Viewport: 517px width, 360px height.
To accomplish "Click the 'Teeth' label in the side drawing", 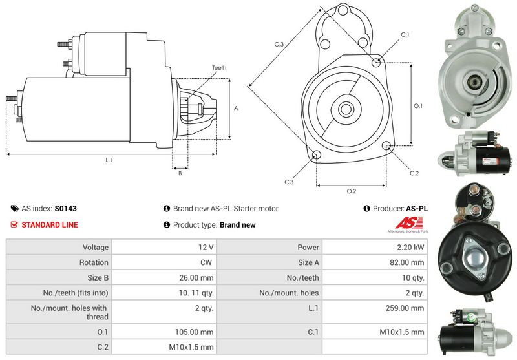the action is pos(219,68).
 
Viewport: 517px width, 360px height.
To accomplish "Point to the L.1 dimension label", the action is pos(109,160).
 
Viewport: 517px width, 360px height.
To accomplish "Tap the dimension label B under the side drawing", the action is pos(180,173).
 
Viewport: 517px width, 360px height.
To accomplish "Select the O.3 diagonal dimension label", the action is pos(279,44).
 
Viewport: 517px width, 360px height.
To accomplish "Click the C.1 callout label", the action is pos(405,35).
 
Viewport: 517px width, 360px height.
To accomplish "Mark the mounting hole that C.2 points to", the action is pos(386,146).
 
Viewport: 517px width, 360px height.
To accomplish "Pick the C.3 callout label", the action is pos(289,182).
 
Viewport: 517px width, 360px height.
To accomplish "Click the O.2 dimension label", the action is pos(352,191).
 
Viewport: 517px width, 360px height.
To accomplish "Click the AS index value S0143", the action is pos(66,209).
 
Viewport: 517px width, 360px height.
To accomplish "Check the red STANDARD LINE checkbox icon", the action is pos(14,225).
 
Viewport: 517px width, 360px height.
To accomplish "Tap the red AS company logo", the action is pos(408,223).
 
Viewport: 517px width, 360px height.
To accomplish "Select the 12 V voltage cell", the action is pos(206,248).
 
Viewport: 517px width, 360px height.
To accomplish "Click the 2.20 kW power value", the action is pos(410,248).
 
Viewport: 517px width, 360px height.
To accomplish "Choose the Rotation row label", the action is pos(94,262).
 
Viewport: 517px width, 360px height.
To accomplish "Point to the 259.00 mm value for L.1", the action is pos(405,308).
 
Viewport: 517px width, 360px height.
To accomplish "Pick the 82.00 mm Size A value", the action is pos(407,262).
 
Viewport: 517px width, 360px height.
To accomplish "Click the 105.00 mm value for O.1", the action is pos(195,332).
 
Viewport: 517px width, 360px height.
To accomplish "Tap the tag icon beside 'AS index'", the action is pos(14,209).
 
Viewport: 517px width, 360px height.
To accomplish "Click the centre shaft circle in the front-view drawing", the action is pos(346,109).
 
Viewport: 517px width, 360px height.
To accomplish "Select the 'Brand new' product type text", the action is pos(238,225).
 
